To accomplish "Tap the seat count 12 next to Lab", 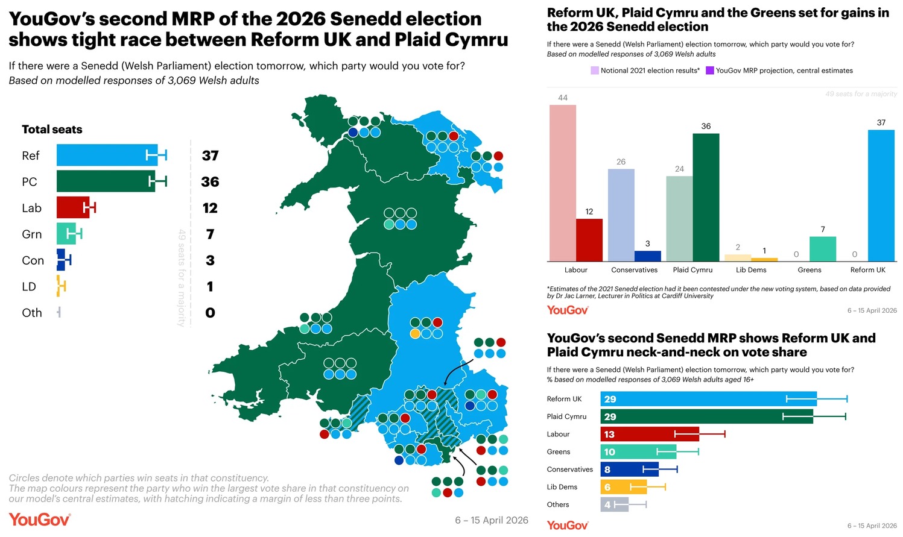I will pyautogui.click(x=210, y=208).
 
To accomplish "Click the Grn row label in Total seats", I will pyautogui.click(x=32, y=234).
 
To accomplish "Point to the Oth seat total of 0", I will pyautogui.click(x=210, y=313).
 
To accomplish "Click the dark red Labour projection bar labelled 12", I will pyautogui.click(x=589, y=240).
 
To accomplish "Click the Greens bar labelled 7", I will pyautogui.click(x=822, y=248).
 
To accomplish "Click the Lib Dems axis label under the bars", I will pyautogui.click(x=751, y=270).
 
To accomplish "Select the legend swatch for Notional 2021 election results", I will pyautogui.click(x=595, y=71).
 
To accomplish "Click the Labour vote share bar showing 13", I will pyautogui.click(x=650, y=434).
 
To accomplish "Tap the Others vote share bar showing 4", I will pyautogui.click(x=614, y=504).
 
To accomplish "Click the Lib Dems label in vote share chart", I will pyautogui.click(x=562, y=487).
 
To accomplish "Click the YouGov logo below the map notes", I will pyautogui.click(x=40, y=520).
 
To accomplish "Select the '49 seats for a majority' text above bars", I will pyautogui.click(x=861, y=94).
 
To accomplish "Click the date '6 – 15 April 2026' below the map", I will pyautogui.click(x=491, y=520).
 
